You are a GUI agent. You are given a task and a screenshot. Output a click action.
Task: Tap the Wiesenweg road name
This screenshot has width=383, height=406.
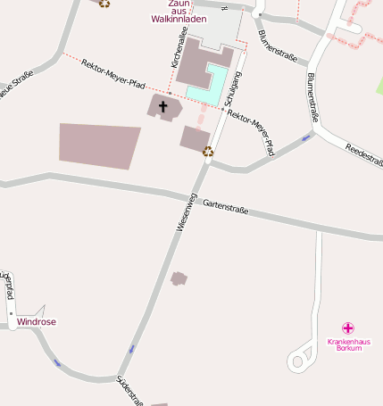tap(185, 213)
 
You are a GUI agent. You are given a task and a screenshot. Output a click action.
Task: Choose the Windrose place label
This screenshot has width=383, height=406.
tap(36, 320)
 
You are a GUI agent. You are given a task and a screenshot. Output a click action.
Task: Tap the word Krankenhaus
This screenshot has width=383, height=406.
tap(348, 342)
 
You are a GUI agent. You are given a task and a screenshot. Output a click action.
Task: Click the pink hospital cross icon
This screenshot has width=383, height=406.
tap(349, 328)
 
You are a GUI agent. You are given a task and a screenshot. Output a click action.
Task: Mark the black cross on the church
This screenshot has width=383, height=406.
tap(162, 107)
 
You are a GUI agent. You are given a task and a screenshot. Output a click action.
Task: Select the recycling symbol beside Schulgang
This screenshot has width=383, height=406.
tap(208, 151)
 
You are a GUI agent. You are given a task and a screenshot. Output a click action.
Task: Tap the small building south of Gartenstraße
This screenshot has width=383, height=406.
tap(179, 278)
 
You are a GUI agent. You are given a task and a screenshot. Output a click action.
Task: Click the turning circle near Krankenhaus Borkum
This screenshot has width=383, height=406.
tap(296, 360)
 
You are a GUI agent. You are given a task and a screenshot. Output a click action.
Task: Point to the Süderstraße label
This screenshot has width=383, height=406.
tap(130, 392)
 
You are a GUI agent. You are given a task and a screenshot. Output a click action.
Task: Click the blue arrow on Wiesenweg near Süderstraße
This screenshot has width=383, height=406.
tap(133, 348)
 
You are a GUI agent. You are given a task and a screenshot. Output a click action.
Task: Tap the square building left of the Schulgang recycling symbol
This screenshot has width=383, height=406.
tap(196, 137)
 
